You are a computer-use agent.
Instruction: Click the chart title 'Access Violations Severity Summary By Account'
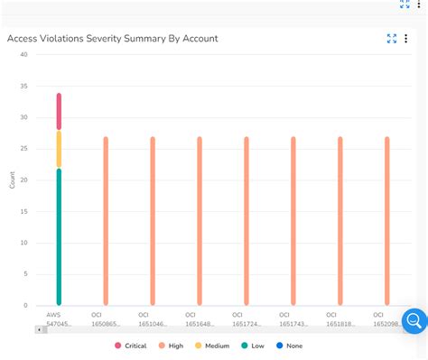(113, 39)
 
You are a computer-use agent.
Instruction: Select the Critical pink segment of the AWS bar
(59, 112)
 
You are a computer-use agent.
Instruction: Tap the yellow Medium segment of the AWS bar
(59, 149)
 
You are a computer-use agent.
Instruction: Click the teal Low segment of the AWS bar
(59, 236)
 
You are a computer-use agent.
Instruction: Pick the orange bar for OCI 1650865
(106, 221)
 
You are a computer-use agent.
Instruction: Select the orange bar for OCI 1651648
(200, 221)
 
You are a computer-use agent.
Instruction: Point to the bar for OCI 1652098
(387, 221)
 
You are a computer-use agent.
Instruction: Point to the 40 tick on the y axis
(23, 54)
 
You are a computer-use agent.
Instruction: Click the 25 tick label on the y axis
(23, 149)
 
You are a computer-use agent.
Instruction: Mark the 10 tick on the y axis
(23, 243)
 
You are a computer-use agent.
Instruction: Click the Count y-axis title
(12, 180)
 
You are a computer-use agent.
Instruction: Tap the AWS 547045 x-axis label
(59, 318)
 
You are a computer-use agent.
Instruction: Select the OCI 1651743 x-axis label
(293, 318)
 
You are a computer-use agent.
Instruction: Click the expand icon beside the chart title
(392, 39)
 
